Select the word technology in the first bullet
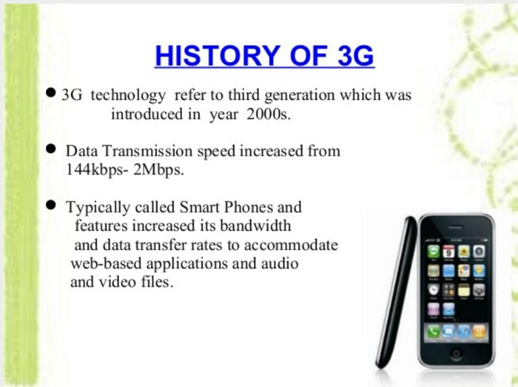(128, 95)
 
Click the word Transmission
(148, 151)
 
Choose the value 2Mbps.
(159, 170)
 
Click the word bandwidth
(255, 226)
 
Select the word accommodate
(291, 246)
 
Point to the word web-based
(106, 264)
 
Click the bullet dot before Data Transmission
(51, 148)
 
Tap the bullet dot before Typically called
(51, 205)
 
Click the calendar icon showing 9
(449, 252)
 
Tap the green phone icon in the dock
(433, 331)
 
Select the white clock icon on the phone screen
(433, 290)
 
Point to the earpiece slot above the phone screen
(456, 228)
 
